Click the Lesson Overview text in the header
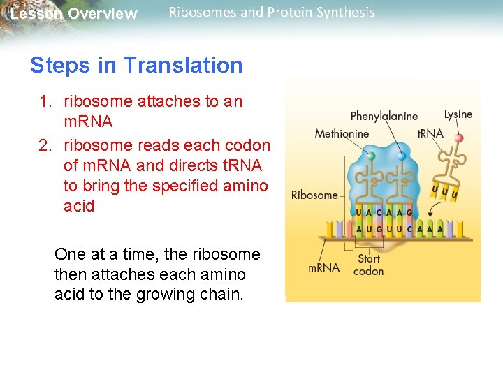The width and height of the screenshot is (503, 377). coord(73,14)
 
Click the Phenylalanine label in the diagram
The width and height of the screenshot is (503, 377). coord(384,116)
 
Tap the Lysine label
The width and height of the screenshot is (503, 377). coord(458,114)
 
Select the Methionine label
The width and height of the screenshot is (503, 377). coord(342,133)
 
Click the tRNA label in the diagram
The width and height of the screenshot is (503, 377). coord(430,133)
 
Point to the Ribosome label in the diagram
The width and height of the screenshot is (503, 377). coord(314,195)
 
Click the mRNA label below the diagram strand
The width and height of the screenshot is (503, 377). coord(323,267)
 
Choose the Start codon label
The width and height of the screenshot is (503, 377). coord(368,265)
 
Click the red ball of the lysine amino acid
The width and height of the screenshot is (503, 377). coord(459,138)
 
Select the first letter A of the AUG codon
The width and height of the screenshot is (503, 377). coord(360,229)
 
